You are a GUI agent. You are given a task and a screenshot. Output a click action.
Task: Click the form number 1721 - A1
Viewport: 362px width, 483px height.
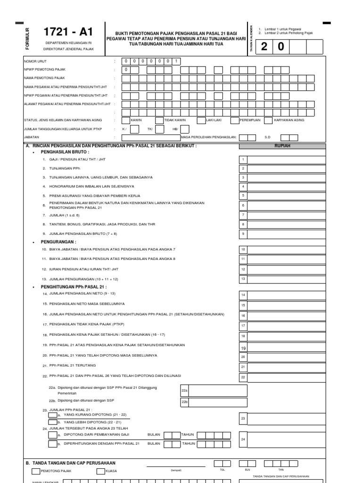[x=68, y=32]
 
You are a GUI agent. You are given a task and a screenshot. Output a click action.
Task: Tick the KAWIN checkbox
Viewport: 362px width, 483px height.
[x=126, y=120]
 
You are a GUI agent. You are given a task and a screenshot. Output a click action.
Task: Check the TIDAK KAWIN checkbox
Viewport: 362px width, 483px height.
[x=159, y=120]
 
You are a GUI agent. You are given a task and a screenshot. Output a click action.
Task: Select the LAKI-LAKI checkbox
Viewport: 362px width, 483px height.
[x=201, y=120]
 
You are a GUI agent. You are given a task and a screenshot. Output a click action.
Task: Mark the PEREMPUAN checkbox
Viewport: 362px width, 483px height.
[x=234, y=120]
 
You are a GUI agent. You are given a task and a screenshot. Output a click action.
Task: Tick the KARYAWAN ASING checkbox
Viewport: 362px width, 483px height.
[x=268, y=120]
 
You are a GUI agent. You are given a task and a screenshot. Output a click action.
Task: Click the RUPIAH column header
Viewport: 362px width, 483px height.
[x=282, y=146]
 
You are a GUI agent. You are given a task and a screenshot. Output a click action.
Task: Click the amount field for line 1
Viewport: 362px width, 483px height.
[x=287, y=160]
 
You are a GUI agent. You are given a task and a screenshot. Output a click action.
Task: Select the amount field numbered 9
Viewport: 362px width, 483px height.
[x=287, y=233]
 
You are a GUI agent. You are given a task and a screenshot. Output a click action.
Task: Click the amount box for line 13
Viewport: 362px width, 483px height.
[x=287, y=279]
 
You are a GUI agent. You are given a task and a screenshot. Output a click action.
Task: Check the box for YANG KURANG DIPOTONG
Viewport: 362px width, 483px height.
[x=53, y=415]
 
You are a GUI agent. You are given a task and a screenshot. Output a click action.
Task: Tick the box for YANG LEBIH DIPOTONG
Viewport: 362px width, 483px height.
[x=53, y=422]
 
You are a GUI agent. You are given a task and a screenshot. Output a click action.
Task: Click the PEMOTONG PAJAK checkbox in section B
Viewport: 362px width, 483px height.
[x=36, y=471]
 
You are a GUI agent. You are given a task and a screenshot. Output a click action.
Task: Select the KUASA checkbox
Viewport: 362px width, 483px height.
[x=100, y=471]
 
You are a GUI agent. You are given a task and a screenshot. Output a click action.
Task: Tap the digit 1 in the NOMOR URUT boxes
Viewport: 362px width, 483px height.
[x=175, y=61]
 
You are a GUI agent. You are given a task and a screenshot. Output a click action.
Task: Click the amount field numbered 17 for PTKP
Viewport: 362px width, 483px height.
[x=287, y=325]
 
